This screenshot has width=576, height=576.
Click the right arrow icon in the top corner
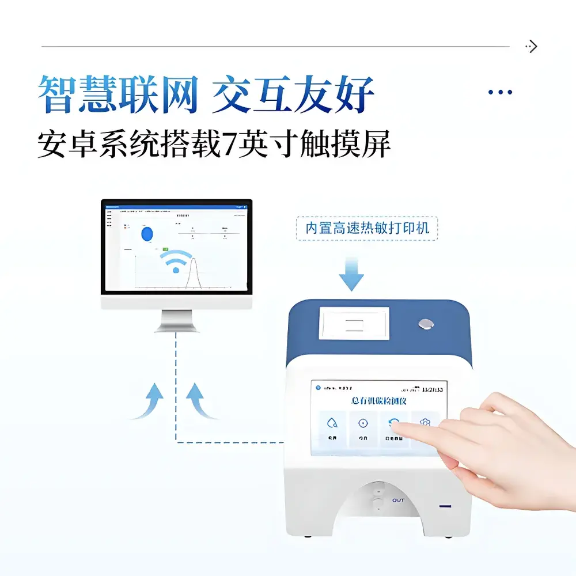tap(532, 47)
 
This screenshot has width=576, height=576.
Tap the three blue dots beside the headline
tap(500, 92)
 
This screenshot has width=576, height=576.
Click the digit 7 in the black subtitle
tap(230, 144)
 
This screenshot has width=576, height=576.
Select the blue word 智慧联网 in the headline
tap(118, 94)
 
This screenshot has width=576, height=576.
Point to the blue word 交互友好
tap(293, 94)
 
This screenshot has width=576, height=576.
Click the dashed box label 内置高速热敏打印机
tap(367, 228)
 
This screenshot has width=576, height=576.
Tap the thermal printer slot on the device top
tap(354, 323)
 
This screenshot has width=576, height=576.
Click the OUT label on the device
tap(398, 501)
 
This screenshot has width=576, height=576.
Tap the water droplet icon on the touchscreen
tap(332, 423)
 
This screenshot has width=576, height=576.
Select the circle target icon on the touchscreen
tap(363, 423)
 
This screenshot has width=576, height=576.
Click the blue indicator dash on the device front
tap(445, 506)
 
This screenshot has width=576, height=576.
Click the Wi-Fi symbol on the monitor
tap(176, 262)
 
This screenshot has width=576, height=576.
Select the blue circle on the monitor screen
tap(147, 233)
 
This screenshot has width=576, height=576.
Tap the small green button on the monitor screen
tap(165, 248)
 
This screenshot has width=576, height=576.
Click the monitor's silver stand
tap(176, 320)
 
